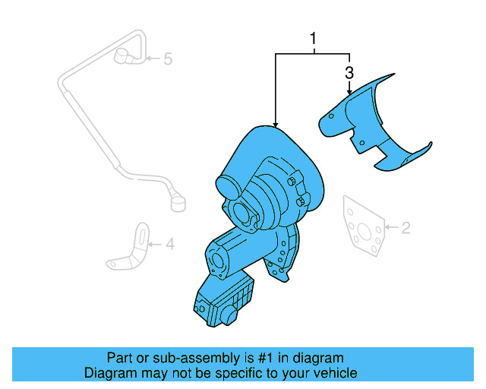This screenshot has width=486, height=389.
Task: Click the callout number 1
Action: (311, 38)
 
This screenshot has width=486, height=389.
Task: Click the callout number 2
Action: (406, 226)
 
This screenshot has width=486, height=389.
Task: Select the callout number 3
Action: (349, 74)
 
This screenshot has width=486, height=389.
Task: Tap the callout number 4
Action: (170, 244)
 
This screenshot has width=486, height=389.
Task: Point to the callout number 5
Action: (168, 58)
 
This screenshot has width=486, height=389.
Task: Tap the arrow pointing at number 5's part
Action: (153, 59)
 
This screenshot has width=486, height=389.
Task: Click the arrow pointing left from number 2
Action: (390, 226)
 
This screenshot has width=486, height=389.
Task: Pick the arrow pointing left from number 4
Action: (155, 244)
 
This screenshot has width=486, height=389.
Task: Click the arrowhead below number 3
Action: (349, 91)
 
